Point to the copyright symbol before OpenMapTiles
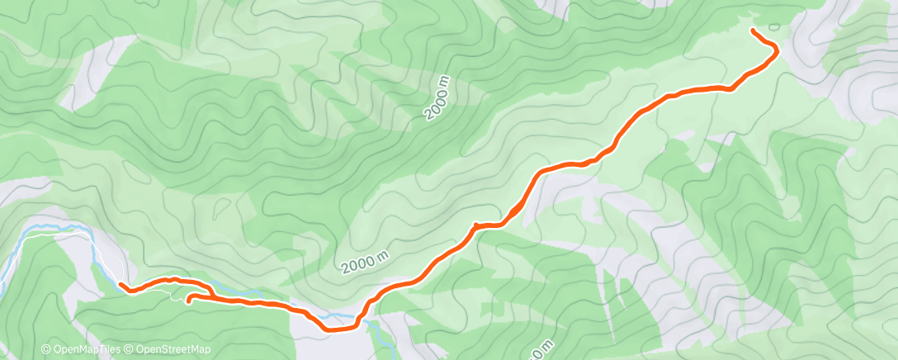46,349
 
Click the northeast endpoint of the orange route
753,31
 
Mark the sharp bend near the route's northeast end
777,51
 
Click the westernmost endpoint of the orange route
121,284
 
